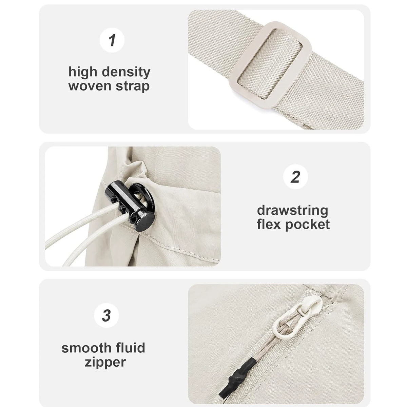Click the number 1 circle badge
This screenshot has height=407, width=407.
(x=112, y=40)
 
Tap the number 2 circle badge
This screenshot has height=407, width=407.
(x=295, y=177)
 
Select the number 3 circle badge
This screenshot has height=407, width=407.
(x=106, y=315)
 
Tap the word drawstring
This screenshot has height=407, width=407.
(x=292, y=211)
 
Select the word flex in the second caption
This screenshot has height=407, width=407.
(x=269, y=224)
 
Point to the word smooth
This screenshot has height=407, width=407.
(x=86, y=348)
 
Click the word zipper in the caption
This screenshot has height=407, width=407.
(x=104, y=362)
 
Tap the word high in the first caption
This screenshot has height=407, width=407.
(x=83, y=72)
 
